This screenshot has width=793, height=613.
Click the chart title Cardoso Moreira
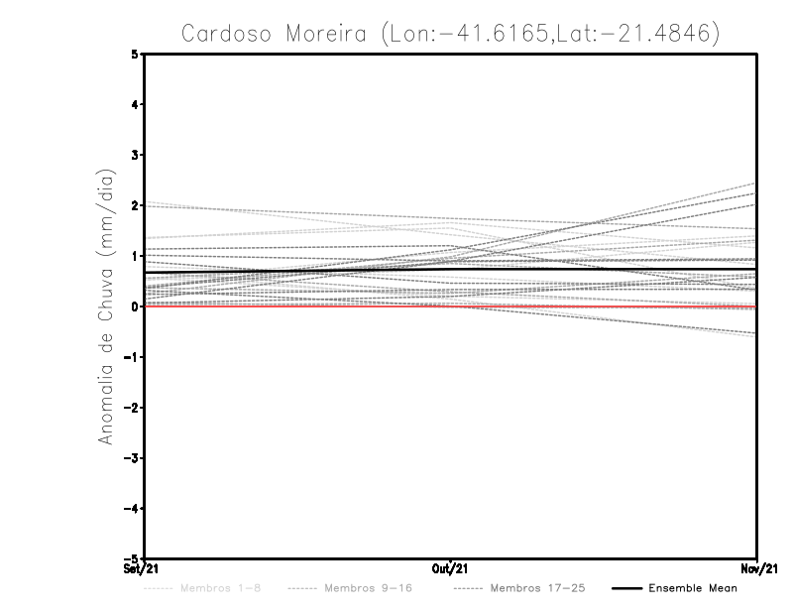451,33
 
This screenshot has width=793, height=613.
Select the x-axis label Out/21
451,569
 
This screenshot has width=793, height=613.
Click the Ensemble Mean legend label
693,588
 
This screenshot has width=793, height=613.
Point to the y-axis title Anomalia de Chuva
107,306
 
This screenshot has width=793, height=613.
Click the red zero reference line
297,306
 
